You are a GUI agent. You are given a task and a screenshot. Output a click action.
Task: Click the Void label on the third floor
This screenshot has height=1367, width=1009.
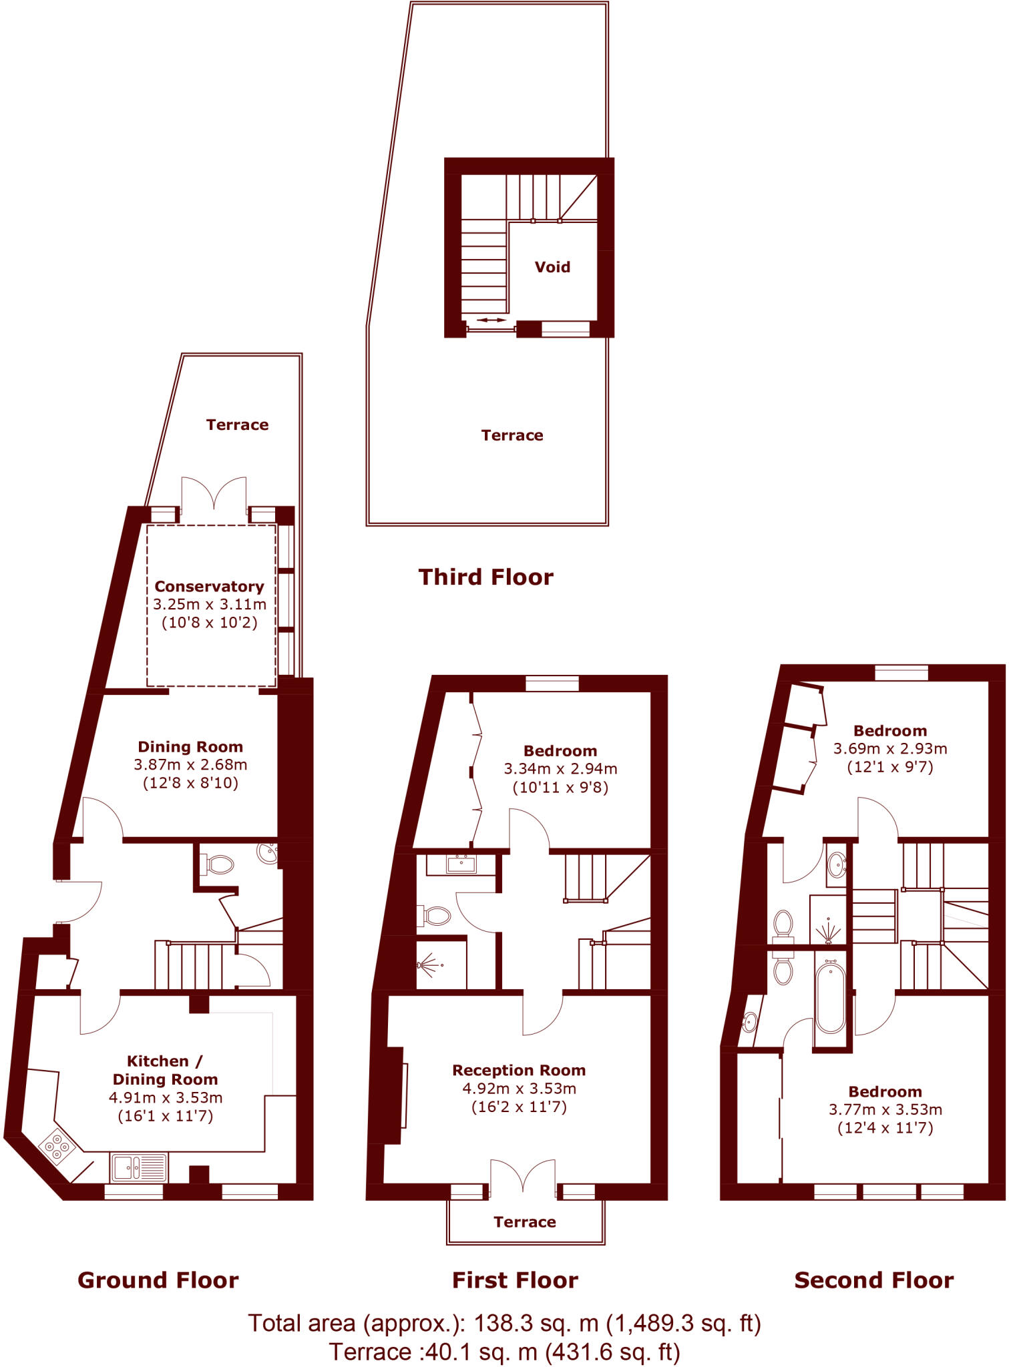pos(552,267)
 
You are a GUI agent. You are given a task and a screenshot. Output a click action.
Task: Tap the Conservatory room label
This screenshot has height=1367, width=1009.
pos(209,586)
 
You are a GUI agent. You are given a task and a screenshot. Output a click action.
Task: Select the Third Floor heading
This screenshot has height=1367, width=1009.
pos(485,577)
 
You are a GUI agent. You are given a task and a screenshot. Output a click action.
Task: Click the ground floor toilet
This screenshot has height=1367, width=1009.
pos(218,865)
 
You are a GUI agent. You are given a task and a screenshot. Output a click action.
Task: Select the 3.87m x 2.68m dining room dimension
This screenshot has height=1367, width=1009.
pos(190,764)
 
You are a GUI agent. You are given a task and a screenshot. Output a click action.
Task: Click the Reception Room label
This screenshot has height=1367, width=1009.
pos(519,1070)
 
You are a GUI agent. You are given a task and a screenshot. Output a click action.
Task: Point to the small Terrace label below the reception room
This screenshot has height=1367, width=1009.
pos(524,1221)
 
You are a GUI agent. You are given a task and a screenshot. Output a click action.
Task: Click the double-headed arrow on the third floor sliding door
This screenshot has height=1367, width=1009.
pos(491,320)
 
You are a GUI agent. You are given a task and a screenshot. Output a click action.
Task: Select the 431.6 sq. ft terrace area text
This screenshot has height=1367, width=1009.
pos(612,1352)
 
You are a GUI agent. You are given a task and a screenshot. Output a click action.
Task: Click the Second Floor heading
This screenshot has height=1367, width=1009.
pos(873,1280)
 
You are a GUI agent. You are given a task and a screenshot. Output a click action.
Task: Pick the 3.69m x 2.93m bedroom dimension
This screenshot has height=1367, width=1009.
pos(889,748)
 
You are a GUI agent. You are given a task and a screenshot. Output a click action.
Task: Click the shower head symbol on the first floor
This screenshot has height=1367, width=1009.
pos(427,965)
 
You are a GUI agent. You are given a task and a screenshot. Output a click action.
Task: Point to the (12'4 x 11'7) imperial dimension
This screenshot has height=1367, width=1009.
pos(885,1127)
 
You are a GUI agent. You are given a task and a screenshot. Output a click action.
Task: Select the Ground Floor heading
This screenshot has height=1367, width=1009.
pos(158,1280)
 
